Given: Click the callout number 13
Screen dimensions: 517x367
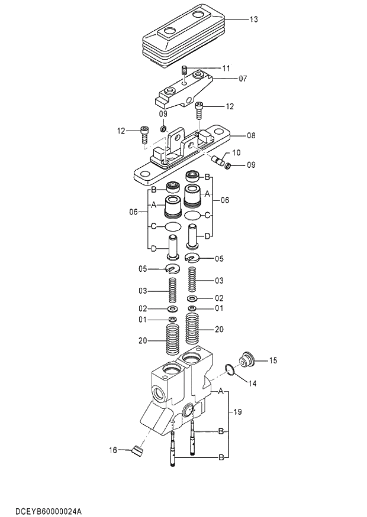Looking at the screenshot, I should (x=253, y=19).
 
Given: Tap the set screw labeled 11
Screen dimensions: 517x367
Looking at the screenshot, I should (x=185, y=70).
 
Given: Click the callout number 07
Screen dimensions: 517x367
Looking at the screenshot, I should (x=243, y=78).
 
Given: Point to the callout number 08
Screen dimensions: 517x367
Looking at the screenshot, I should (x=251, y=135).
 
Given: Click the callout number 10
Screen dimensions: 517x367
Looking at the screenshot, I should (x=236, y=152).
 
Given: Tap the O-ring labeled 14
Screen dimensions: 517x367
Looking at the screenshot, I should (x=229, y=370).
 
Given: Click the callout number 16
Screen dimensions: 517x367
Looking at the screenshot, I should (x=112, y=450).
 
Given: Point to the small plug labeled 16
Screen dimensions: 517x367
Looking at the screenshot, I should (x=139, y=452).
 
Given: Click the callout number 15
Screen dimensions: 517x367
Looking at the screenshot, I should (x=273, y=360).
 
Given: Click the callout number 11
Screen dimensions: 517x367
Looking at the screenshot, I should (x=226, y=68).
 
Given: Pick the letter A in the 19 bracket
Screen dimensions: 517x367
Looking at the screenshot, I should (x=221, y=391).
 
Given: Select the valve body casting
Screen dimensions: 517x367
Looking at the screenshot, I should (x=178, y=396).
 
